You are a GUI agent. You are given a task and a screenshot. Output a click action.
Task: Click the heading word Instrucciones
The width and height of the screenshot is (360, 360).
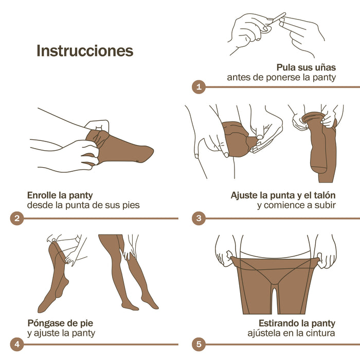coord(85,51)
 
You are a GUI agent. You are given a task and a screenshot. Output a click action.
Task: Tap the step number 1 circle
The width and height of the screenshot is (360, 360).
coord(198,87)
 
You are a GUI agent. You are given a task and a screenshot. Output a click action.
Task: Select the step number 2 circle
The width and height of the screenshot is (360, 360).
coord(16,219)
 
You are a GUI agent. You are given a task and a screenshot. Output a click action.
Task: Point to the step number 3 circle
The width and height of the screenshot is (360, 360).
coord(198,219)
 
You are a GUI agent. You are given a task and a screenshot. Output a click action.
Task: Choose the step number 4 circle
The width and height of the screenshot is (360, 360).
coord(16,344)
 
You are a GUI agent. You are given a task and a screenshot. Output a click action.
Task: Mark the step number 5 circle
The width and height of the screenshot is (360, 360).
coord(198,344)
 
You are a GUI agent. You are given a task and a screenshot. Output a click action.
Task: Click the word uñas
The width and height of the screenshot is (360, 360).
coord(323,67)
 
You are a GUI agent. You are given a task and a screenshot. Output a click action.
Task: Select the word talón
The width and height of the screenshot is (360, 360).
coord(322,195)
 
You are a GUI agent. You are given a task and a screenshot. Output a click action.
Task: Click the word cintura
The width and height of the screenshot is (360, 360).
coord(320,333)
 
